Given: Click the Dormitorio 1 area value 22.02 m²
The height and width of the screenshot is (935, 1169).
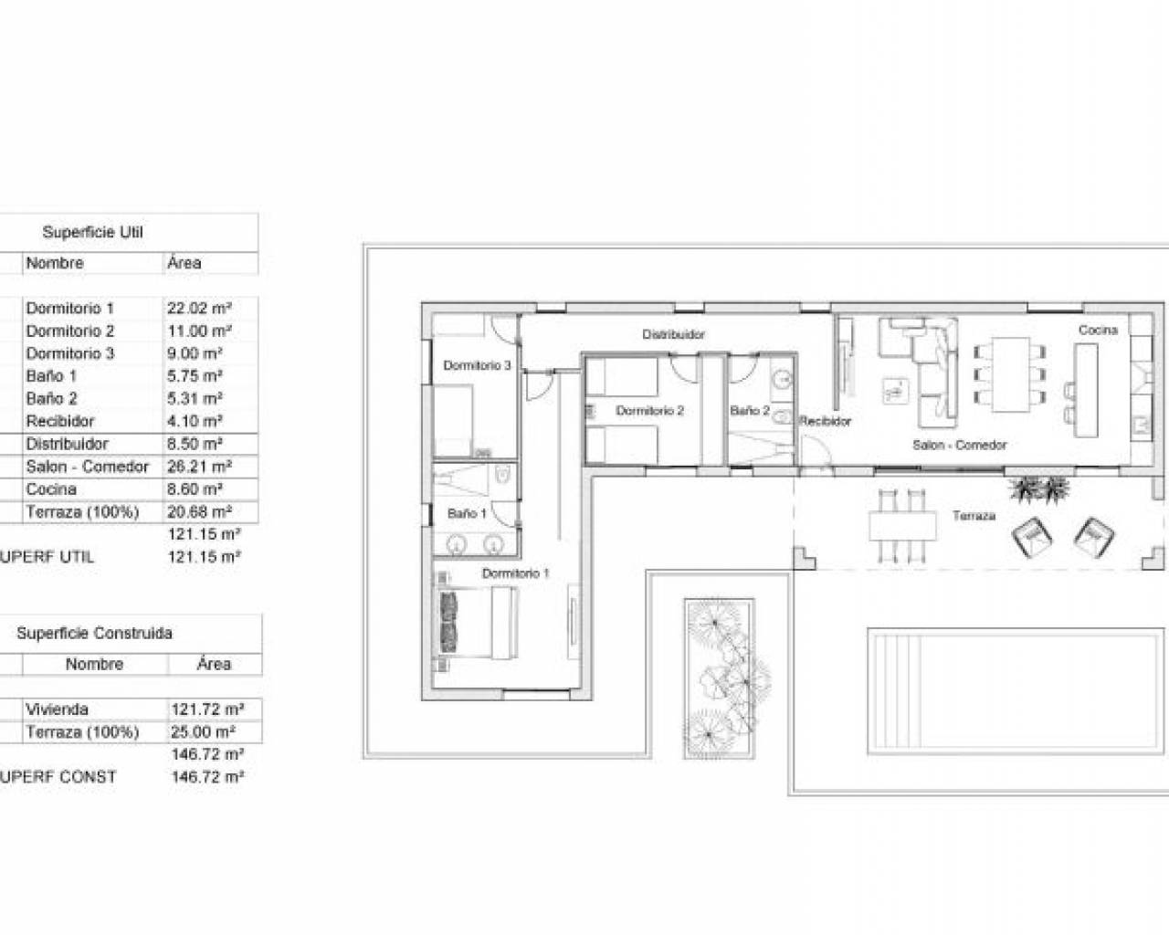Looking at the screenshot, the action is (199, 308).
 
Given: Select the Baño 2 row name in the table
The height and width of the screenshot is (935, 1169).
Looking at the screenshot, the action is (52, 398).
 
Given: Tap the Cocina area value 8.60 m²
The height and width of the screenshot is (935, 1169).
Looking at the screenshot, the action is (195, 489).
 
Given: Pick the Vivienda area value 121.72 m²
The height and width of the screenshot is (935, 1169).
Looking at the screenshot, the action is (207, 709).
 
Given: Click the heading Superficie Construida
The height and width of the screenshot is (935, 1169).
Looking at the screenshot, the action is (94, 633).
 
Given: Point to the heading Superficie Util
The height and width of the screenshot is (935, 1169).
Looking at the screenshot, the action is (92, 232).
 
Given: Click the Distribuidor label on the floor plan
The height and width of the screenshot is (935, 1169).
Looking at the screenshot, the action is (673, 334).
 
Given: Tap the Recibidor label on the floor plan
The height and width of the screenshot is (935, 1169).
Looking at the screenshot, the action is (825, 421).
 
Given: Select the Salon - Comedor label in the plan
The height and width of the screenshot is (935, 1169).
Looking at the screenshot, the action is (959, 445).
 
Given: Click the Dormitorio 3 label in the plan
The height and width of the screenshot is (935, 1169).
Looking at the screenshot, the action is (477, 365).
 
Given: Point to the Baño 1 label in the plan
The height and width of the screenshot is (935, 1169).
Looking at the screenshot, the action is (467, 513).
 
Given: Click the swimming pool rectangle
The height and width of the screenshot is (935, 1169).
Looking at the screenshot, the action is (1016, 691).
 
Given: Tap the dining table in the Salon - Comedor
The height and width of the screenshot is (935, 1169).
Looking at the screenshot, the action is (1010, 374).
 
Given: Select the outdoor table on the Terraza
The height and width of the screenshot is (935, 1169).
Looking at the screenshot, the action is (902, 526).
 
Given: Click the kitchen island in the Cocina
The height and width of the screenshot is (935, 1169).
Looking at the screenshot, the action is (1086, 390).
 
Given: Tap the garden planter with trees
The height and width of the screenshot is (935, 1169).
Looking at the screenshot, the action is (720, 678).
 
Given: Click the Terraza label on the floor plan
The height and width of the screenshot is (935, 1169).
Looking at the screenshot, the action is (974, 515).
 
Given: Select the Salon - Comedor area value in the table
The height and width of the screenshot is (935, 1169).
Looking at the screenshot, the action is (199, 467).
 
